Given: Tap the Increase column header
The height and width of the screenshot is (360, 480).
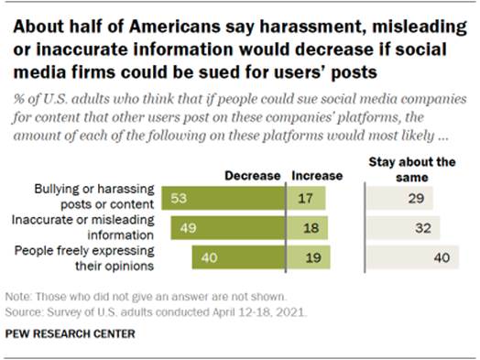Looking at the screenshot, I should pyautogui.click(x=315, y=175).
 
